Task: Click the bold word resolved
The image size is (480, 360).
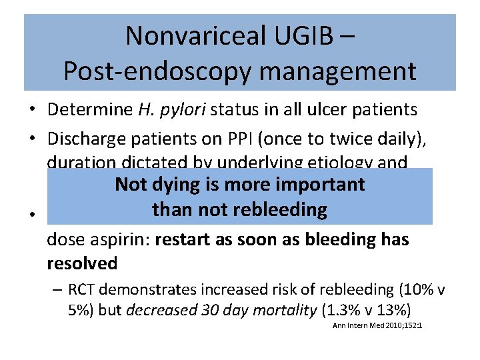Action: [82, 263]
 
